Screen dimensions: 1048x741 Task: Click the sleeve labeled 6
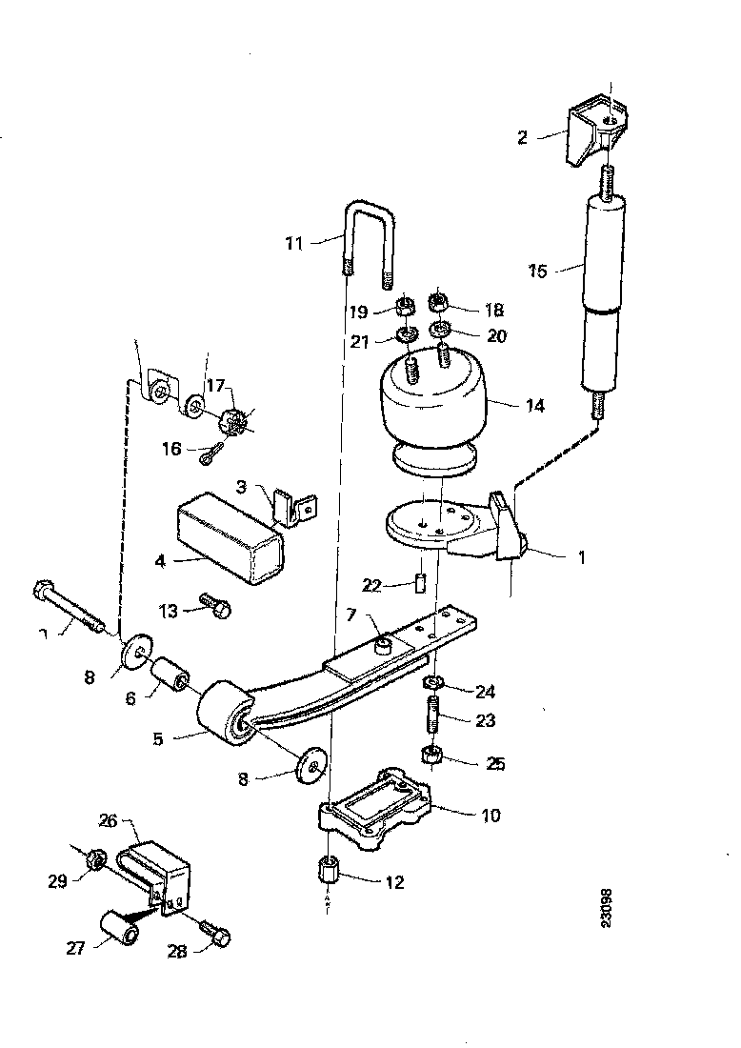[x=172, y=677]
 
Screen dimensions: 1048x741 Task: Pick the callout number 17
[x=217, y=386]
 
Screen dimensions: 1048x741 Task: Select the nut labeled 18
[x=440, y=303]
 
